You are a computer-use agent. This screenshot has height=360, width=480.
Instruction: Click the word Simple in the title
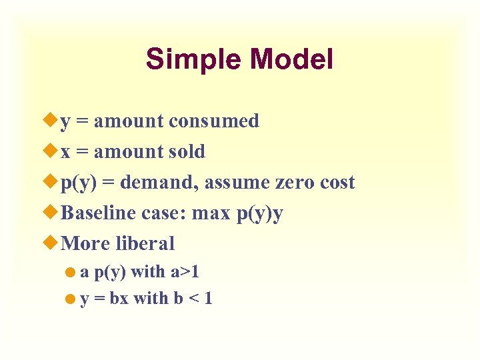pyautogui.click(x=194, y=60)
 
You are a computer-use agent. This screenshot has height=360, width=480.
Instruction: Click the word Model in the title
pyautogui.click(x=291, y=59)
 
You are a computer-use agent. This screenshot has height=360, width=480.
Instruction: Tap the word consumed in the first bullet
pyautogui.click(x=213, y=121)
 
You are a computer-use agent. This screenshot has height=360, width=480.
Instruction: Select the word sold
pyautogui.click(x=187, y=152)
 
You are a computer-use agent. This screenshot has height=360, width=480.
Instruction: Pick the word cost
pyautogui.click(x=335, y=183)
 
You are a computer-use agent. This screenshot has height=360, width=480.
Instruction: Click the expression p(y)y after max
pyautogui.click(x=259, y=214)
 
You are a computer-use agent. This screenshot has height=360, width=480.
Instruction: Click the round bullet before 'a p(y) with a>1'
pyautogui.click(x=72, y=273)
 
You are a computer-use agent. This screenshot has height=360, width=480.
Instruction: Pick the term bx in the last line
pyautogui.click(x=119, y=299)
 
